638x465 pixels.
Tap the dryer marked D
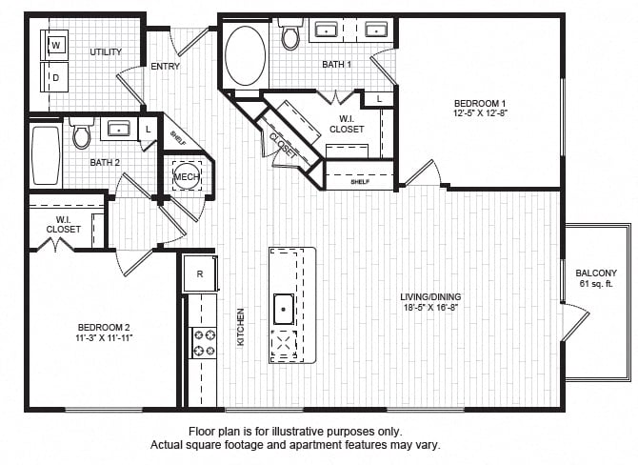point(54,77)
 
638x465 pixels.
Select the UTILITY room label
point(106,51)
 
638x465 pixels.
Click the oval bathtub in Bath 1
point(246,56)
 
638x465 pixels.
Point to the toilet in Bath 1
point(290,33)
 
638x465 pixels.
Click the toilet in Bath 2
point(81,132)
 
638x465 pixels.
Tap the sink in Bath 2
point(119,129)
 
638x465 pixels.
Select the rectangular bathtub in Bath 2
point(46,155)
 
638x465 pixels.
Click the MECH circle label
point(187,176)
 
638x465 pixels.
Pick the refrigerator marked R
point(200,273)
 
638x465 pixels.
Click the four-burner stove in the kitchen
point(204,343)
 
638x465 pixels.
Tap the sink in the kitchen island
point(284,309)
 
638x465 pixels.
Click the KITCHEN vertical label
point(241,327)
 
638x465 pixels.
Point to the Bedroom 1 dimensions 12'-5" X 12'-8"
point(480,112)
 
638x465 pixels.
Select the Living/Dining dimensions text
point(431,307)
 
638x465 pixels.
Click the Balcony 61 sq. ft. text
point(596,278)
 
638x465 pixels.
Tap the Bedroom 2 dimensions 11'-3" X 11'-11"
point(104,337)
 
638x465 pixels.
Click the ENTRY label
point(165,66)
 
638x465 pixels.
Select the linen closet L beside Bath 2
point(148,130)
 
